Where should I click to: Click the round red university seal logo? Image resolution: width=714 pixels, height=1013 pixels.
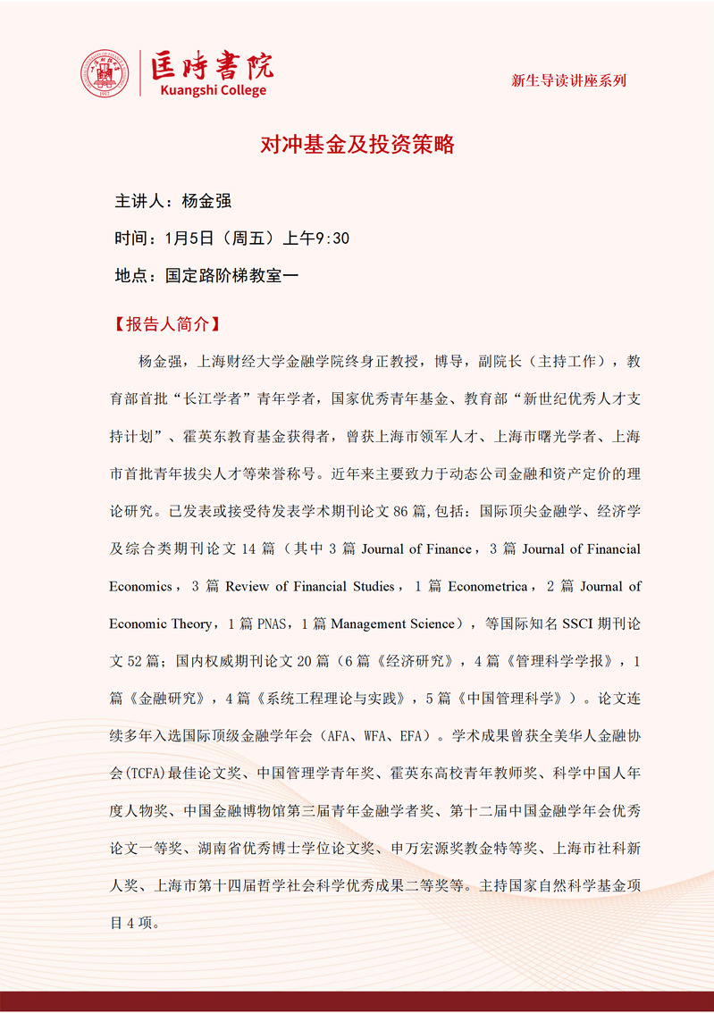click(105, 73)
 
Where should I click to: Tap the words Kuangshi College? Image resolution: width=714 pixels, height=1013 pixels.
click(212, 90)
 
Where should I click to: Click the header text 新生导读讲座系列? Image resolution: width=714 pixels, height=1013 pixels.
click(568, 80)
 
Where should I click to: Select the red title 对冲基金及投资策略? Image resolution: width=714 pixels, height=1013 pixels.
click(357, 145)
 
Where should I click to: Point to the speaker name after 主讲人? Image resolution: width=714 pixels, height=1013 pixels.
click(206, 201)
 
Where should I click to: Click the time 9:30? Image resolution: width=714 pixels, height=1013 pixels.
click(332, 239)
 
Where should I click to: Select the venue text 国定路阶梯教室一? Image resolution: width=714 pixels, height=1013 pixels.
click(231, 276)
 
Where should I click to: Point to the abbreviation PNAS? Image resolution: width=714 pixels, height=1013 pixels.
click(273, 624)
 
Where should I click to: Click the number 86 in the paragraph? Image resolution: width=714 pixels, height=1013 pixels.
click(406, 512)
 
